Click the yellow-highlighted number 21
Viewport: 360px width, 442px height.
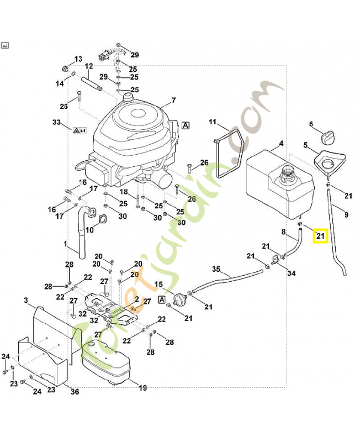tap(320, 236)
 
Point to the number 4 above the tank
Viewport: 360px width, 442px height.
tap(281, 144)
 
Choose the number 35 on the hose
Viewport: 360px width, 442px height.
tap(216, 269)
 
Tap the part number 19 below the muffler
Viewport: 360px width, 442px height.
tap(142, 388)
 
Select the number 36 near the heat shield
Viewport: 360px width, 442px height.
tap(75, 392)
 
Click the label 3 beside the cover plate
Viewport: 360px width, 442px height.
tap(26, 300)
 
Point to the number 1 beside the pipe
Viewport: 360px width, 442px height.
tap(65, 244)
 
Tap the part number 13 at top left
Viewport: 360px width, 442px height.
tap(78, 59)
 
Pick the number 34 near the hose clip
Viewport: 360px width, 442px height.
tap(292, 273)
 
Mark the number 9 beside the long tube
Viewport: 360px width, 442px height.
tap(346, 214)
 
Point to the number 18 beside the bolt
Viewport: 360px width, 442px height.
tap(124, 192)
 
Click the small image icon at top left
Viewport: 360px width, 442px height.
tap(5, 45)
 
